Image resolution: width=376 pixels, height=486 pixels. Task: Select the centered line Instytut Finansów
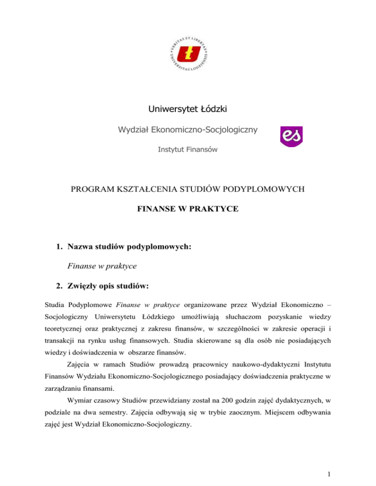pyautogui.click(x=188, y=148)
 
